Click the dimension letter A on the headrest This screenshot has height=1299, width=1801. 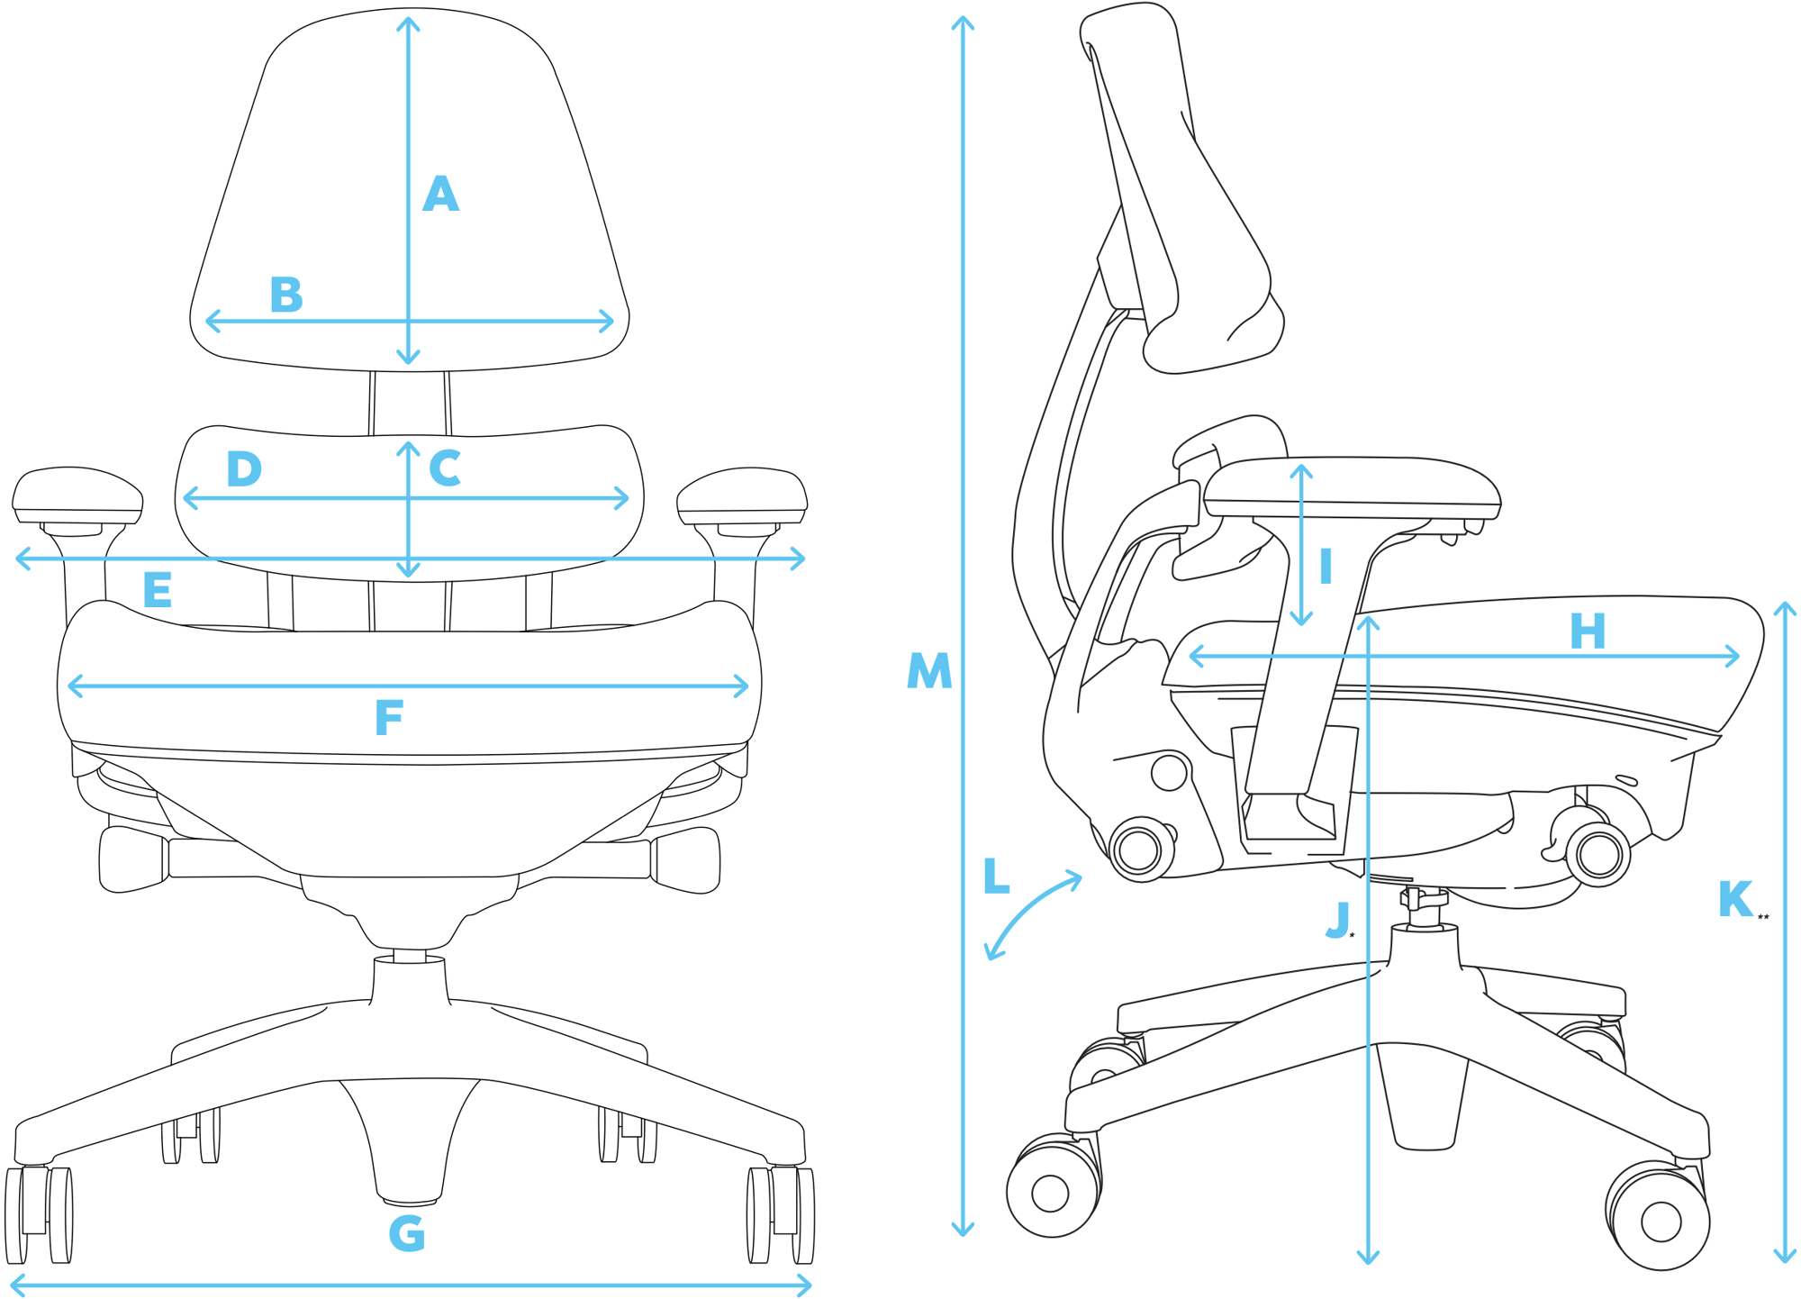[x=440, y=195]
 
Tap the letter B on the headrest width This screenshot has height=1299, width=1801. [x=286, y=295]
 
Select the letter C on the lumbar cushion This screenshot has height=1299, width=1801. [x=445, y=468]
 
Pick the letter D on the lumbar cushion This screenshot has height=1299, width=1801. [x=244, y=469]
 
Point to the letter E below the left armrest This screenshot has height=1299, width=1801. [x=158, y=591]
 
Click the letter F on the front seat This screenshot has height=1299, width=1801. [x=389, y=718]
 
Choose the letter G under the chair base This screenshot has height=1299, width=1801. [x=407, y=1233]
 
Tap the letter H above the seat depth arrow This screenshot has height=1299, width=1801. [x=1588, y=631]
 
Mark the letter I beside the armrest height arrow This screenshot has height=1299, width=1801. [x=1326, y=568]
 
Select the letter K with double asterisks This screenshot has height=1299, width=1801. [x=1735, y=899]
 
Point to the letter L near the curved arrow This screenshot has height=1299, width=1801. [x=996, y=877]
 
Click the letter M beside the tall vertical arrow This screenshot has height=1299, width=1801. [x=929, y=671]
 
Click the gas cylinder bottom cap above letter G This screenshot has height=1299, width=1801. [x=410, y=1201]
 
